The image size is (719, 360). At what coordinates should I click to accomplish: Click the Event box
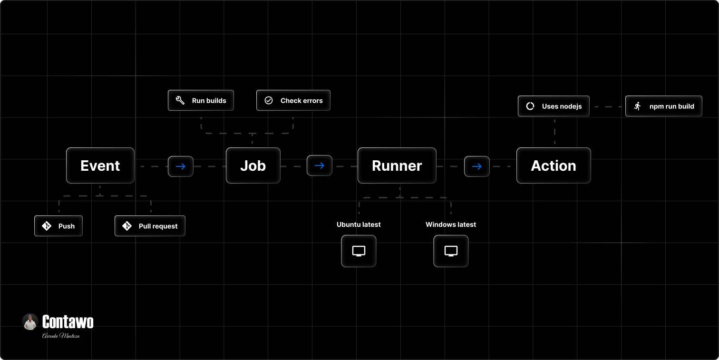click(x=100, y=165)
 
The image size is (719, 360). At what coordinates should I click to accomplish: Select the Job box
click(x=253, y=165)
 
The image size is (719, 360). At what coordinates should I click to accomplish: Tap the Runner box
click(x=397, y=165)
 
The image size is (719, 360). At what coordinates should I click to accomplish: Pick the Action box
click(x=554, y=165)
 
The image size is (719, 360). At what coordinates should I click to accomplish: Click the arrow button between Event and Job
click(x=181, y=166)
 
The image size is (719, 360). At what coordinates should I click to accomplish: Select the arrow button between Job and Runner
click(x=320, y=165)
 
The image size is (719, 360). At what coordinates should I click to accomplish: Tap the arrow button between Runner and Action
click(x=477, y=166)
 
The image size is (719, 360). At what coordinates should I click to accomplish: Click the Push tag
click(x=58, y=226)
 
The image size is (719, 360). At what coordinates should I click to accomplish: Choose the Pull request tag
click(x=150, y=226)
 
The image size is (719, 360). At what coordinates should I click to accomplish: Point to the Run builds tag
click(x=201, y=100)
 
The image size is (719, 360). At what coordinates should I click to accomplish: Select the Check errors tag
click(x=293, y=100)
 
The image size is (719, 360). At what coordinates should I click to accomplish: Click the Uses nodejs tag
click(x=554, y=106)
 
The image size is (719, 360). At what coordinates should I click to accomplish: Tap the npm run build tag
click(x=663, y=106)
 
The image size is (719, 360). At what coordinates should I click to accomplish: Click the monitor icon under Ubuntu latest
click(x=359, y=251)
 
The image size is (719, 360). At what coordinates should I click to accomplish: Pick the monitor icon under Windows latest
click(x=451, y=251)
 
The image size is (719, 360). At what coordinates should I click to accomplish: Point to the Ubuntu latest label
click(x=359, y=224)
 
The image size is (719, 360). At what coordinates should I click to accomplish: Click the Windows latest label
click(x=451, y=224)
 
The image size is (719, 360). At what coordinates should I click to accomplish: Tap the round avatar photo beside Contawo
click(x=30, y=322)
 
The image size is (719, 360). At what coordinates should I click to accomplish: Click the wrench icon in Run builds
click(x=180, y=100)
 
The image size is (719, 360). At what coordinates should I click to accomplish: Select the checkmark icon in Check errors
click(x=269, y=100)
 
